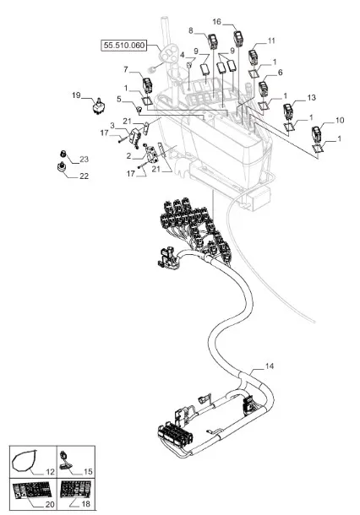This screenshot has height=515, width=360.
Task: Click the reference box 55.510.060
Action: click(x=123, y=45)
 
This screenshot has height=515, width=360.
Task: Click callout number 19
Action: click(x=76, y=95)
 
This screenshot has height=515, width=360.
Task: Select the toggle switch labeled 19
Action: click(x=98, y=106)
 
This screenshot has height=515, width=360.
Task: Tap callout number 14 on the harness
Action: click(x=270, y=366)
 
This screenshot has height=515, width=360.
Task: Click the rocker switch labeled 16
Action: click(x=238, y=39)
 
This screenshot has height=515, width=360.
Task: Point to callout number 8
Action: click(x=191, y=30)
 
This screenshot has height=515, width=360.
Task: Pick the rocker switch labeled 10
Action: click(x=317, y=134)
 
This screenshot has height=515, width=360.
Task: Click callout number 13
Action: click(x=311, y=98)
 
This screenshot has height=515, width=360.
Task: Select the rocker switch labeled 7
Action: click(x=147, y=85)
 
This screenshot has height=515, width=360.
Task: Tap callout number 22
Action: click(x=85, y=176)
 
